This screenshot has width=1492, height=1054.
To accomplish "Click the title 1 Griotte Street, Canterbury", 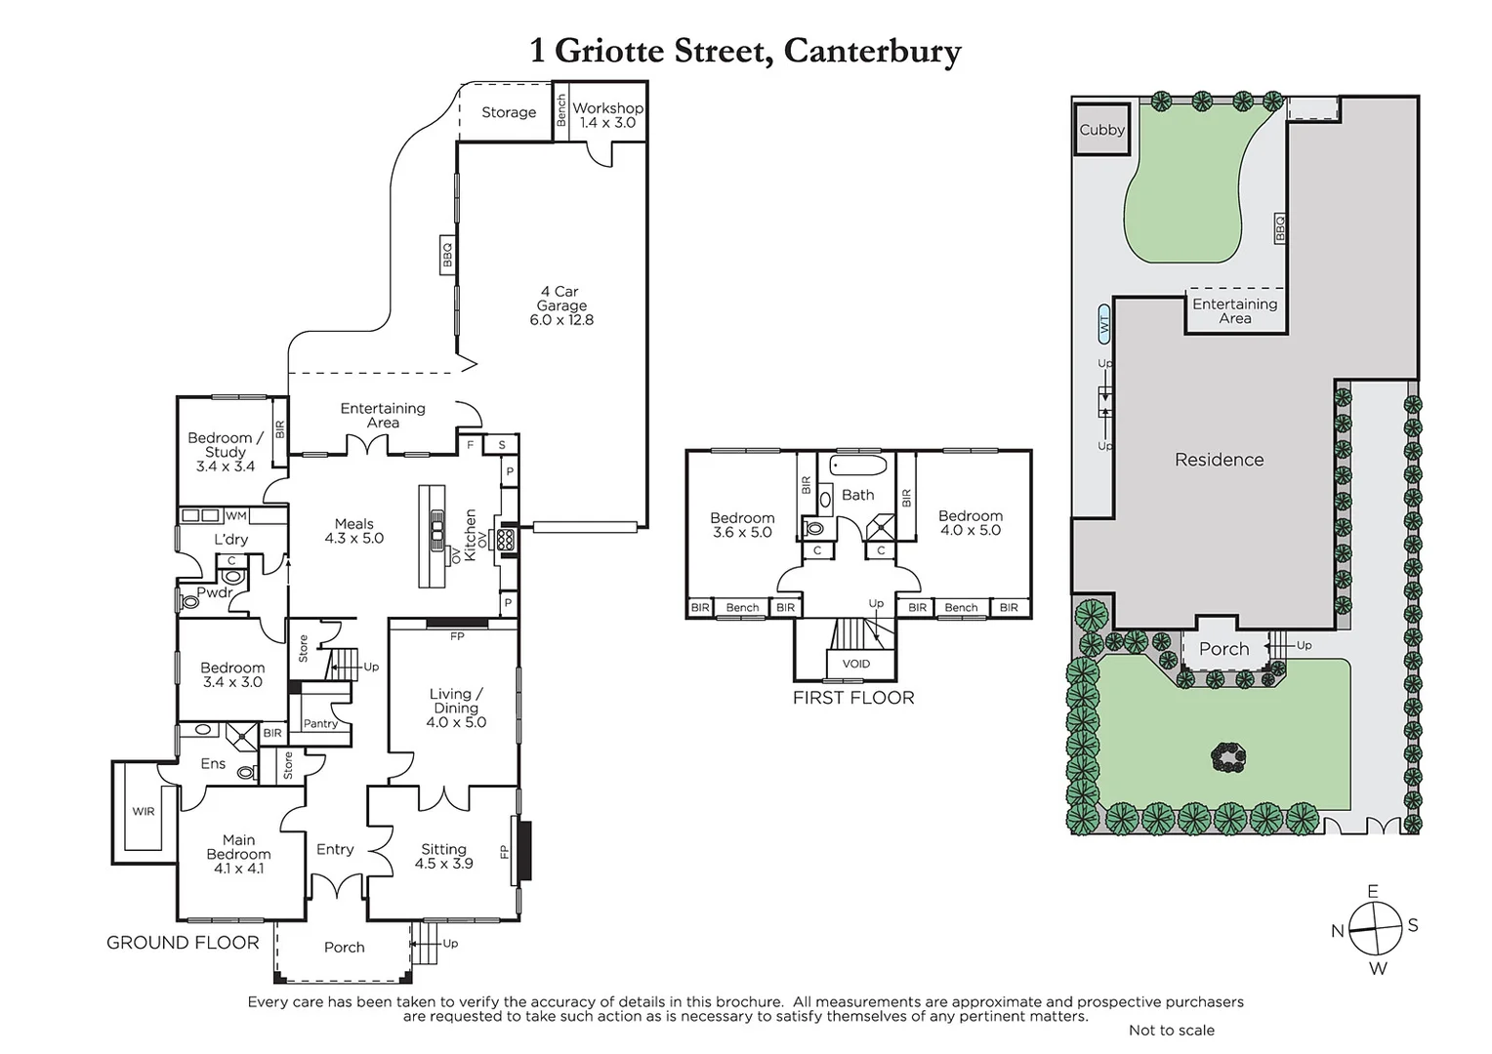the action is (745, 51).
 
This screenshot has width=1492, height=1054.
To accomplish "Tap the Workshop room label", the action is (607, 114).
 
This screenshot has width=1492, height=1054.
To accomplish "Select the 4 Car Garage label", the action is (561, 305).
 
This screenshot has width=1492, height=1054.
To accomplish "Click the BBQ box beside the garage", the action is (447, 255).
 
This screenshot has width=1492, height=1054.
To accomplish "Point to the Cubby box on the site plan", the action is (1101, 130).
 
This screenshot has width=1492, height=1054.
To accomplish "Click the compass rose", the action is (1376, 928).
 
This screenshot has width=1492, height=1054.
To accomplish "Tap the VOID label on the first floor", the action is (856, 664).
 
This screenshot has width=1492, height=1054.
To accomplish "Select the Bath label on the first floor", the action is (858, 495).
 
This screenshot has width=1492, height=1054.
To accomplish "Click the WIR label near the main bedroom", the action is (144, 811).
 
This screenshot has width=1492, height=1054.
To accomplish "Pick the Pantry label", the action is (320, 724).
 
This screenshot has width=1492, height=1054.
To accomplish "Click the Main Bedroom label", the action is (238, 854).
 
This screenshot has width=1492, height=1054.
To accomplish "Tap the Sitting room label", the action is (443, 856).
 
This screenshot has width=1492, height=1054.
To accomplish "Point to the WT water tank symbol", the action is (1103, 324).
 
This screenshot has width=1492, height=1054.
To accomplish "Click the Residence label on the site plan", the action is (1219, 460).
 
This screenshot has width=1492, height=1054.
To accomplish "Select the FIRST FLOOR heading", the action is (853, 698).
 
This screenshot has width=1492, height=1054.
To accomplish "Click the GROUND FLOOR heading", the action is (183, 943).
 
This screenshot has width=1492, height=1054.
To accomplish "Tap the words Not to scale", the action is (1172, 1030).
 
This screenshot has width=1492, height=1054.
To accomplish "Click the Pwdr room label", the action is (214, 592).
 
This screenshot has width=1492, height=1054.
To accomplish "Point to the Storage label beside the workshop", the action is (509, 112).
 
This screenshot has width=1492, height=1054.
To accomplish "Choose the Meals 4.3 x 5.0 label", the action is (354, 531).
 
